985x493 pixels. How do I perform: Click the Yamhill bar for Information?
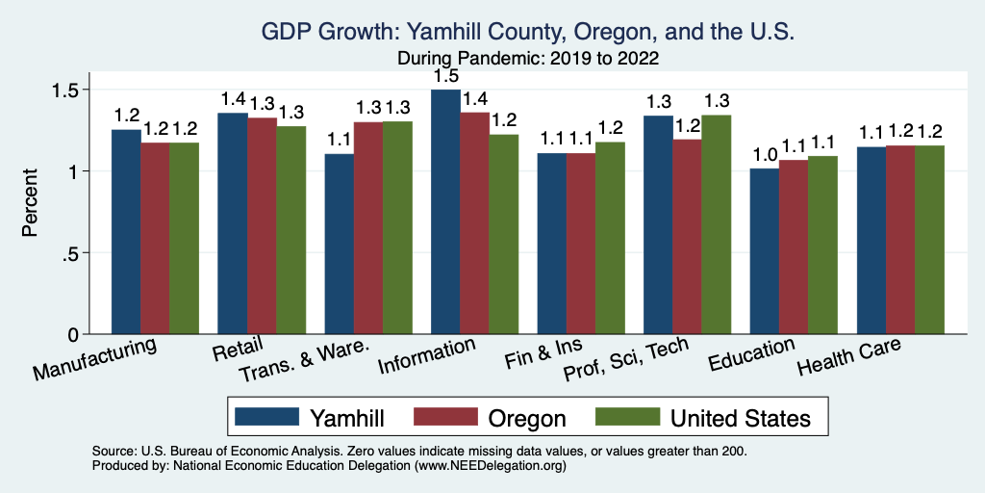445,212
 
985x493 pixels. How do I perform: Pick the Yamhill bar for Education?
765,251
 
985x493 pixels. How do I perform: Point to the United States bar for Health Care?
929,240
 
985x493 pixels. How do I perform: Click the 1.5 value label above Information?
444,75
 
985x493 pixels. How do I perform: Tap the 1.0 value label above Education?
765,155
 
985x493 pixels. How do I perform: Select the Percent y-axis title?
31,202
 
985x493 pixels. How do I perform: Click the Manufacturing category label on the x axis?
95,356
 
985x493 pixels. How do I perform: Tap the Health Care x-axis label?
850,358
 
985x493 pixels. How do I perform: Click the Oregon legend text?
526,418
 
